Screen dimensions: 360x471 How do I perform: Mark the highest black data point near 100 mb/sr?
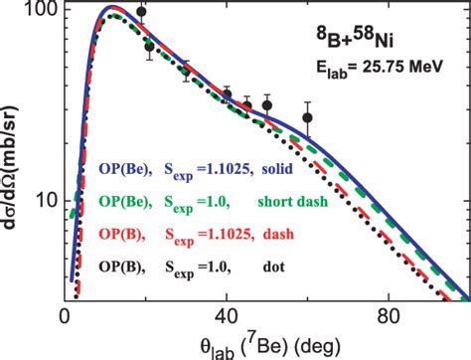(x=141, y=12)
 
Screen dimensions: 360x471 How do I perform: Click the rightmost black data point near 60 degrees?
(x=308, y=117)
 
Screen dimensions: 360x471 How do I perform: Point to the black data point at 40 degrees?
(x=228, y=95)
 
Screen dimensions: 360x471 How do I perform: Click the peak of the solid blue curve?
(x=110, y=8)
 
